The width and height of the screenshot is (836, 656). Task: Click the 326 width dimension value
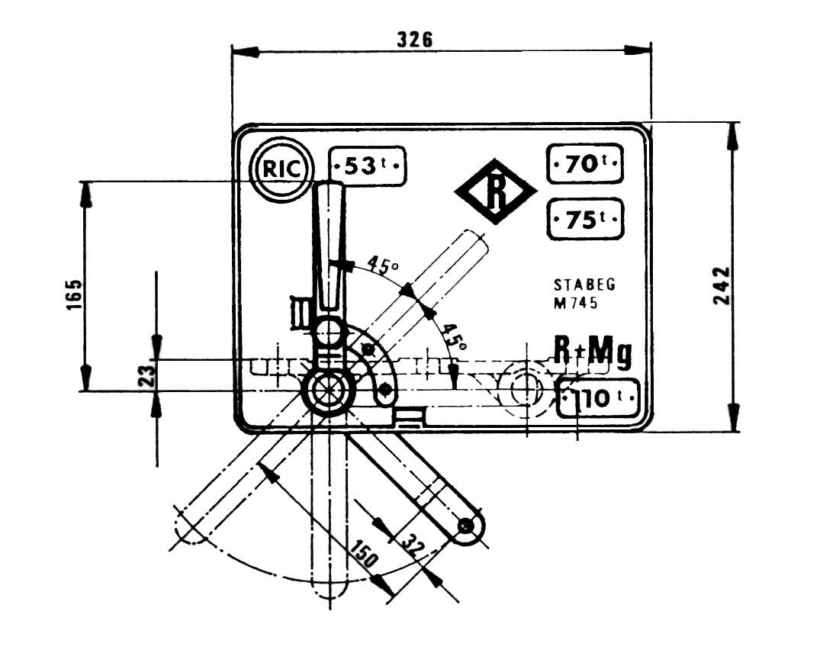pyautogui.click(x=415, y=40)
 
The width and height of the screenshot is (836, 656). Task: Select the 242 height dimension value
pyautogui.click(x=722, y=286)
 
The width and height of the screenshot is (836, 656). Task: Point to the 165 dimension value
pyautogui.click(x=75, y=294)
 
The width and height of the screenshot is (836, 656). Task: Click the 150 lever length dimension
pyautogui.click(x=365, y=552)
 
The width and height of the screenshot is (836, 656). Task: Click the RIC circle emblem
pyautogui.click(x=282, y=169)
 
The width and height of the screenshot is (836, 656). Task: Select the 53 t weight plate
pyautogui.click(x=368, y=166)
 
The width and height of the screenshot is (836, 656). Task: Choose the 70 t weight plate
pyautogui.click(x=585, y=164)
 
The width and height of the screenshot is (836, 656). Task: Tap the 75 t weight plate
pyautogui.click(x=585, y=219)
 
